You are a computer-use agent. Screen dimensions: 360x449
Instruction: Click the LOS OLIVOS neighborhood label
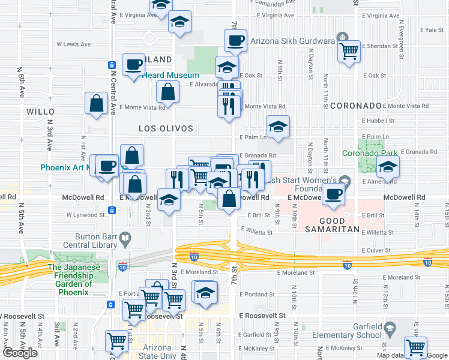pyautogui.click(x=166, y=128)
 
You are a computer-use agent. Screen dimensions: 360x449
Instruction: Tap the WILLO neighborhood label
pyautogui.click(x=40, y=112)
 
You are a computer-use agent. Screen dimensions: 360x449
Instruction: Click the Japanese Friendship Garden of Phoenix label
pyautogui.click(x=70, y=280)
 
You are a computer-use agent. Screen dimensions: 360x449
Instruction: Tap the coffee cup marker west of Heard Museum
pyautogui.click(x=133, y=64)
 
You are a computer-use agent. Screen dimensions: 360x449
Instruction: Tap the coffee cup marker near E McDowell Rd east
pyautogui.click(x=333, y=194)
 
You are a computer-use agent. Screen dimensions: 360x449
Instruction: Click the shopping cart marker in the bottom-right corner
pyautogui.click(x=415, y=346)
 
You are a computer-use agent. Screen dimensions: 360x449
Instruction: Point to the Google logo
pyautogui.click(x=20, y=353)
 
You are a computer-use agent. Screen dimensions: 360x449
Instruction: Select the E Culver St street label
pyautogui.click(x=376, y=251)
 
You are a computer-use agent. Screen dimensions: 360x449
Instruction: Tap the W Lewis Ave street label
pyautogui.click(x=73, y=44)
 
